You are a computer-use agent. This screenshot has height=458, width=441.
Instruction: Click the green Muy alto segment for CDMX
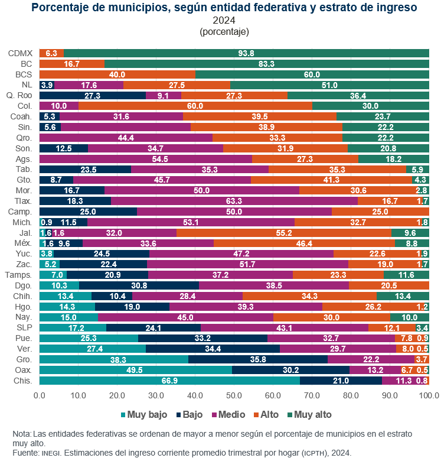tap(246, 53)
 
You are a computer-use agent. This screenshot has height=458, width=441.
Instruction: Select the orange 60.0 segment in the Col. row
tap(195, 106)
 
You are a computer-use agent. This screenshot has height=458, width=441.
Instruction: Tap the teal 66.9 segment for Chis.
tap(169, 381)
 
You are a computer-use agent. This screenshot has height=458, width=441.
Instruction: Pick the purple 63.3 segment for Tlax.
tap(234, 201)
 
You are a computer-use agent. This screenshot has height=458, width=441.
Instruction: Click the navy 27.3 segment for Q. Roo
tap(93, 96)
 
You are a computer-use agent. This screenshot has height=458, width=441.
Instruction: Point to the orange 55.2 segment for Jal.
tap(284, 233)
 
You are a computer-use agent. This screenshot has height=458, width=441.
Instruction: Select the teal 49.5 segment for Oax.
tap(136, 370)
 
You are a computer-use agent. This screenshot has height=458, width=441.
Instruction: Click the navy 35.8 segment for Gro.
tap(258, 359)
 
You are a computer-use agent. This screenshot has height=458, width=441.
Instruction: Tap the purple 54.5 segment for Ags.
tap(146, 159)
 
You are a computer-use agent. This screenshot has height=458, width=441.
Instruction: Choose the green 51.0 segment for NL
tap(329, 85)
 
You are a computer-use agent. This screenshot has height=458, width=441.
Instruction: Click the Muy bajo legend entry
tap(144, 414)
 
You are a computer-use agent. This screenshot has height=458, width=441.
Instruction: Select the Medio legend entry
tap(228, 414)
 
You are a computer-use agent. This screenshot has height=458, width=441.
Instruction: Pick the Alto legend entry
tap(266, 414)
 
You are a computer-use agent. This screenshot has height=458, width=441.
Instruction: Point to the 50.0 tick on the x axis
tap(234, 395)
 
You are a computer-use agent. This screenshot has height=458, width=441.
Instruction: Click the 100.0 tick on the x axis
tap(429, 395)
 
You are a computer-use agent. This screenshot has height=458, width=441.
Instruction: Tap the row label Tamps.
tap(18, 275)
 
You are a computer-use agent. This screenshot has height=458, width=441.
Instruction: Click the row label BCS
tap(24, 74)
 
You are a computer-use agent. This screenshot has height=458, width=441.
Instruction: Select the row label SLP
tap(25, 327)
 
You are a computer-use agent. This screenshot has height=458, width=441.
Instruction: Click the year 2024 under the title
tap(224, 20)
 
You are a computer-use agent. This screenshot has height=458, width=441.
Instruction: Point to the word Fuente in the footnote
tap(25, 453)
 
